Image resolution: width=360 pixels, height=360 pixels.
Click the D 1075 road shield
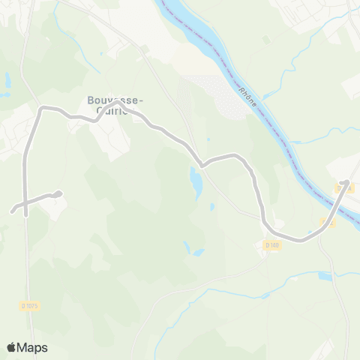coord(28,305)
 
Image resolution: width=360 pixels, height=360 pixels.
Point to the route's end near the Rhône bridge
coord(346,182)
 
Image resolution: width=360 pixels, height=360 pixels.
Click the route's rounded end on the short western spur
coord(58,194)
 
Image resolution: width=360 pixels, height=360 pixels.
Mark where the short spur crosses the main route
coord(25,202)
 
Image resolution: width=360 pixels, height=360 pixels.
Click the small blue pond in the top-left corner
coord(7,79)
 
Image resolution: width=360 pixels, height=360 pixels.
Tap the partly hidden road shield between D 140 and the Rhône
coord(327,222)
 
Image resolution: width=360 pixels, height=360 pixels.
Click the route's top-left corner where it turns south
coord(43,109)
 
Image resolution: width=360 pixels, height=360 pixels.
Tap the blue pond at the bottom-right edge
coord(324,276)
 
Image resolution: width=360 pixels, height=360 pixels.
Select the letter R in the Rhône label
coord(243,91)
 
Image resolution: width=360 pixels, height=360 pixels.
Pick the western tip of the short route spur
coord(12,211)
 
